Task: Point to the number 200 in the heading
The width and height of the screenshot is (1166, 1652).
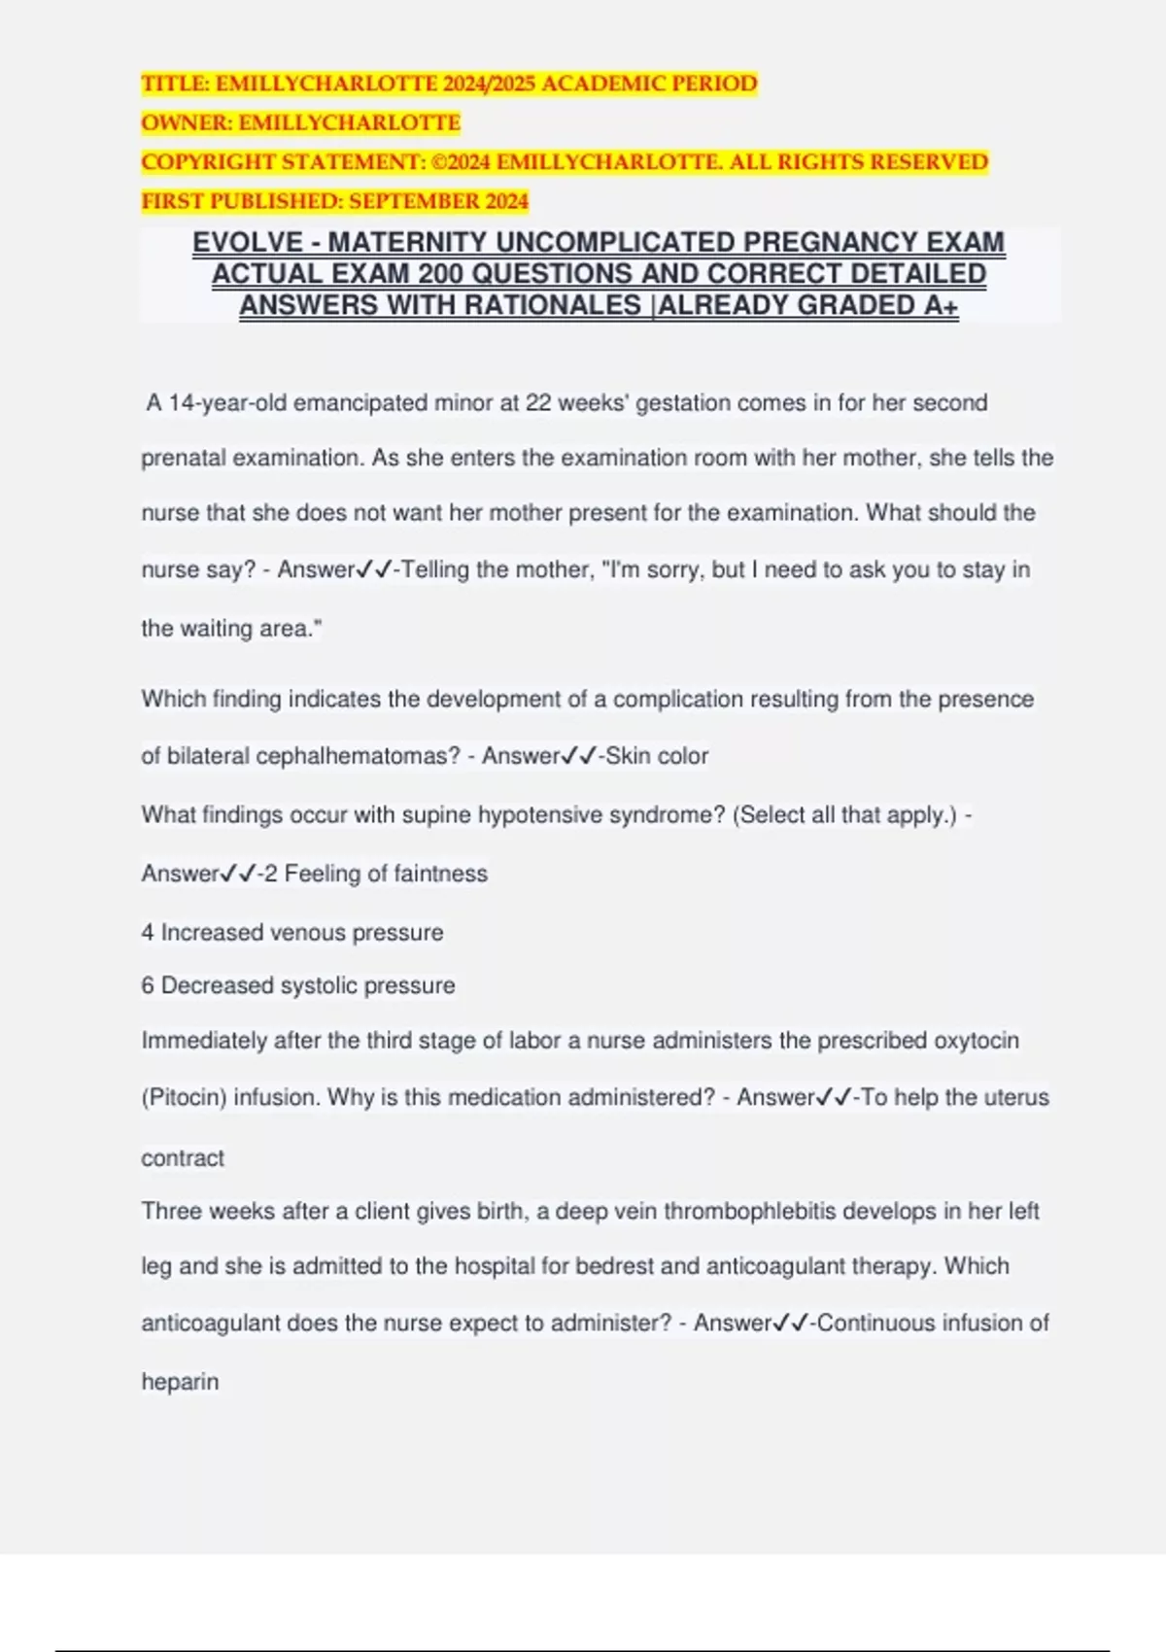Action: coord(441,274)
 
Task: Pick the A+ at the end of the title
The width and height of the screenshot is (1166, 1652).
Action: coord(940,306)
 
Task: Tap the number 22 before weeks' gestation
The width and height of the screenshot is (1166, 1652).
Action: coord(537,403)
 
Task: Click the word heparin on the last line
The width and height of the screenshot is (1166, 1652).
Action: coord(180,1382)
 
